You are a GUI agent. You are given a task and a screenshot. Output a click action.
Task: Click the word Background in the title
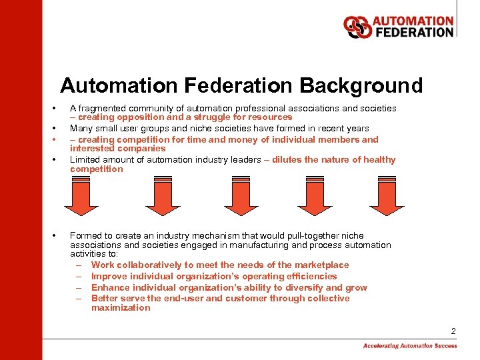click(x=361, y=86)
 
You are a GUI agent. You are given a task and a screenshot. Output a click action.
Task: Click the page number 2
click(x=453, y=331)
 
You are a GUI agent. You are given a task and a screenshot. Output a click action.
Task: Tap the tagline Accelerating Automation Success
click(x=410, y=346)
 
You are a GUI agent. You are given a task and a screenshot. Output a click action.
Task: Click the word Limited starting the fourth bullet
click(x=85, y=160)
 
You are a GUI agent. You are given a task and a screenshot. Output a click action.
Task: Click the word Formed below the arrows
click(x=85, y=236)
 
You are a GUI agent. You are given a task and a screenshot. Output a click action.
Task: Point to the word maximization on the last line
click(x=121, y=308)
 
